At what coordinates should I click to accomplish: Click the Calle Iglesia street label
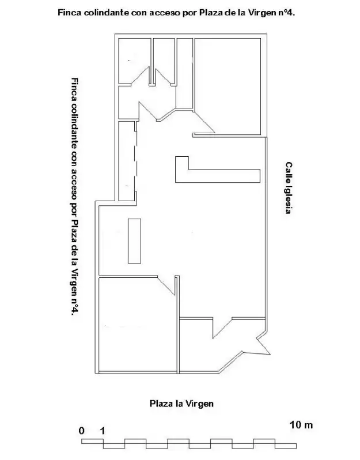coord(289,188)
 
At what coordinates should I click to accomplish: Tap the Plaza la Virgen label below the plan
coord(181,404)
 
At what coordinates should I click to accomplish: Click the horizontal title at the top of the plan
coord(176,13)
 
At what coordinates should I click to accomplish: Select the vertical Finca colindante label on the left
coord(75,197)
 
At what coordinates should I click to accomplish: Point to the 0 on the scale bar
coord(81,431)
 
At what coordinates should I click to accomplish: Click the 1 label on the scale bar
coord(102,431)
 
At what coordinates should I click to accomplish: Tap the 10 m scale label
coord(301,424)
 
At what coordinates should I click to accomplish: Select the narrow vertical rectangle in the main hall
coord(134,240)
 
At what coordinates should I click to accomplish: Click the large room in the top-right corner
coord(228,86)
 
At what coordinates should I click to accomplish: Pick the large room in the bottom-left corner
coord(138,324)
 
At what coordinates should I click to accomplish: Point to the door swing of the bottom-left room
coord(166,285)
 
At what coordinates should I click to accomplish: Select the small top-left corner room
coord(135,61)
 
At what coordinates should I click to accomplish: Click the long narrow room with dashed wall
coord(127,161)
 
